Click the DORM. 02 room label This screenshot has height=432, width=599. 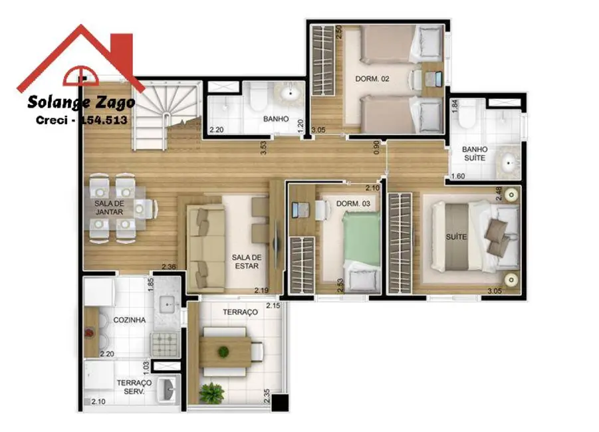point(367,79)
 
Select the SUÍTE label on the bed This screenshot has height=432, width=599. point(456,237)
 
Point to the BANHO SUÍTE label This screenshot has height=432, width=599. point(475,154)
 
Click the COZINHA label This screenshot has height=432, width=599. point(130,320)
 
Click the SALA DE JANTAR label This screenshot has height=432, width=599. point(109,207)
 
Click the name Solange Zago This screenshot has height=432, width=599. point(81,102)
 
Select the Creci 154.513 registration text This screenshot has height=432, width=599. point(81,120)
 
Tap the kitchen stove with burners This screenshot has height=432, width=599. point(165,344)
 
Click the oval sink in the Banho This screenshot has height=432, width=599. point(291,96)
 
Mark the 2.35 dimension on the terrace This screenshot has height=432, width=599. point(267,395)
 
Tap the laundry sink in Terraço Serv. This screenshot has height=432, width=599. point(170,388)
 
